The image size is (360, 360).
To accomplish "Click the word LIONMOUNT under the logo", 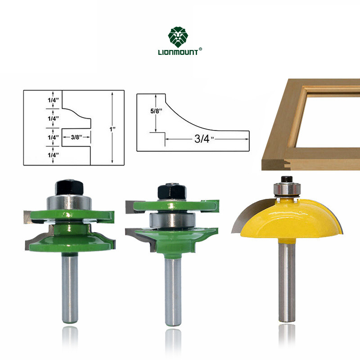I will [178, 52].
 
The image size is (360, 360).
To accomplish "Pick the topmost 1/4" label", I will [53, 100].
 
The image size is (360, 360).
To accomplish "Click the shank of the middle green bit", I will [173, 292].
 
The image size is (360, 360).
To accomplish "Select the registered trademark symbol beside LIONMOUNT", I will [200, 49].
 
